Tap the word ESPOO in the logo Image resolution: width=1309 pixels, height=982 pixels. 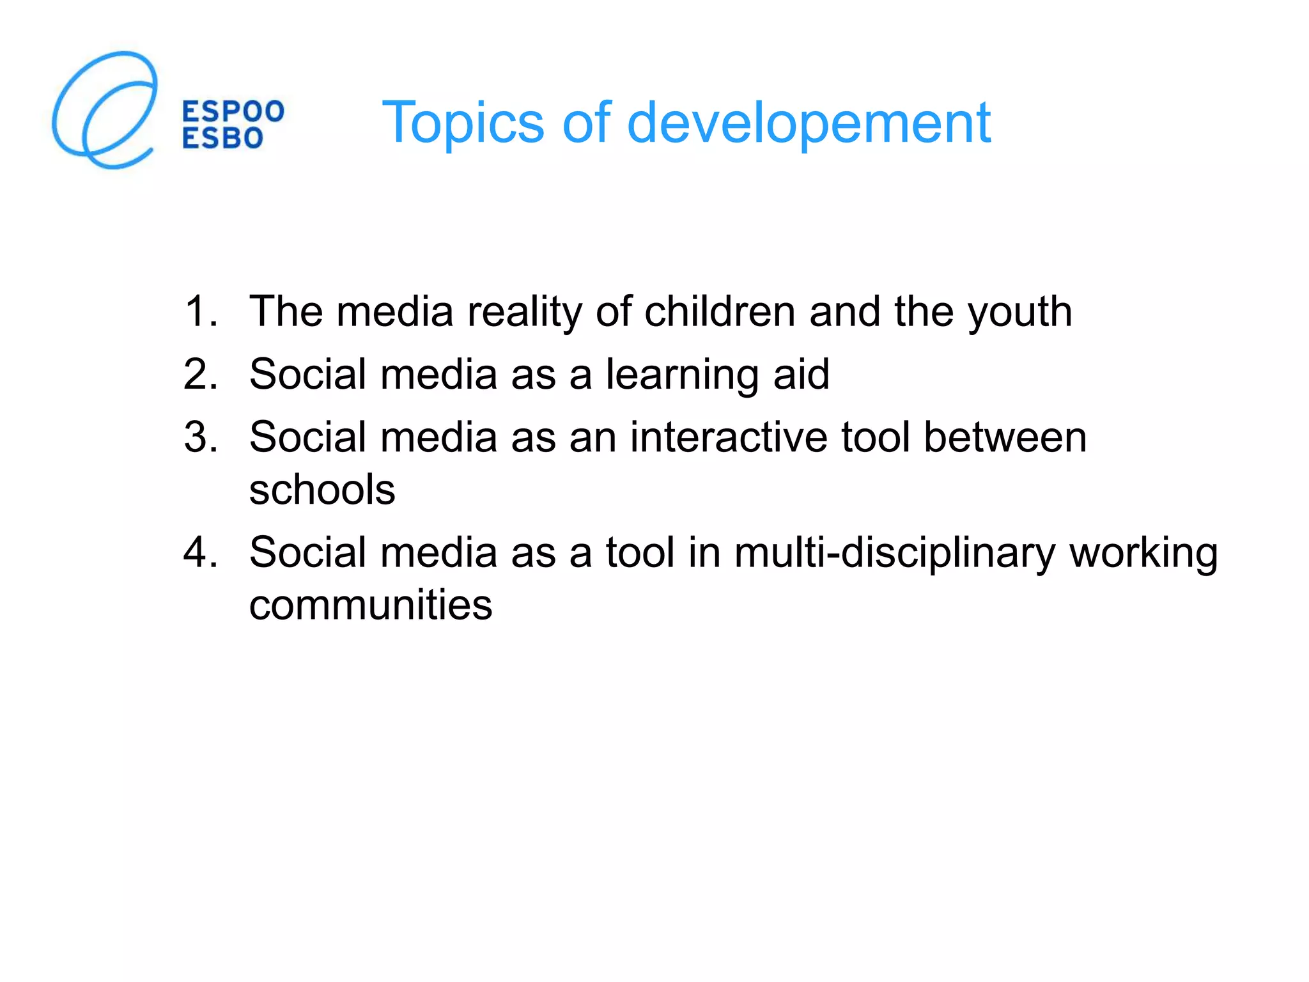233,111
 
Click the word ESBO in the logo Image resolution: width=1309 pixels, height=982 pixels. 222,138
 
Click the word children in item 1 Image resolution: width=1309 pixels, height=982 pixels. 720,311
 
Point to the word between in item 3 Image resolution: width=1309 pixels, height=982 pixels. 1005,437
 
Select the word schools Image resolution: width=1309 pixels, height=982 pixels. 322,490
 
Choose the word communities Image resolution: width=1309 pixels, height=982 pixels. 371,605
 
